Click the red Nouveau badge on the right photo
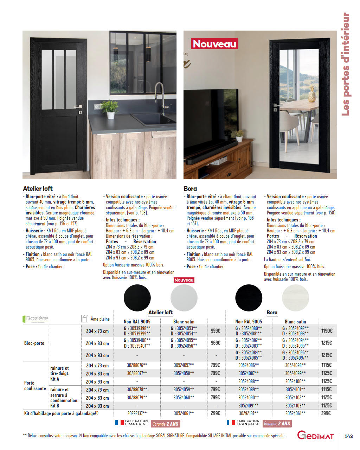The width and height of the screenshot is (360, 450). click(214, 44)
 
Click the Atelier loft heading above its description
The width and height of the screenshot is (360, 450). click(38, 188)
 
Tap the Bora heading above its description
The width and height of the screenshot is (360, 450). click(190, 188)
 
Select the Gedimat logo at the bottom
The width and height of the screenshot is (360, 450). click(315, 435)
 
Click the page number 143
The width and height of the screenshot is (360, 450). click(348, 436)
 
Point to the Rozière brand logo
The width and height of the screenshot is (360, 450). click(36, 319)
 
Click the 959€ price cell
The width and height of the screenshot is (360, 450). click(216, 331)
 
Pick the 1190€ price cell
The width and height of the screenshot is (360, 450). click(327, 331)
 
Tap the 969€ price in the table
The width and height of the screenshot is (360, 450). click(216, 343)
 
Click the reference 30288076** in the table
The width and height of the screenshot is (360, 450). click(137, 365)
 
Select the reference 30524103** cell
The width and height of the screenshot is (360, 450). click(295, 406)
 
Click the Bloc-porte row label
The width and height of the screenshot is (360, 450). click(34, 343)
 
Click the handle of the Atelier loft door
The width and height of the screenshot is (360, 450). click(78, 106)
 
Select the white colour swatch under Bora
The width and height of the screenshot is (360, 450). click(295, 298)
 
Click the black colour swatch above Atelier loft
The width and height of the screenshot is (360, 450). click(137, 298)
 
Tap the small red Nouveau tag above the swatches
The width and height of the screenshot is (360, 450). click(184, 280)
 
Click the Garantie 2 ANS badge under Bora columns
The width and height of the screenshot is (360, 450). click(277, 424)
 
